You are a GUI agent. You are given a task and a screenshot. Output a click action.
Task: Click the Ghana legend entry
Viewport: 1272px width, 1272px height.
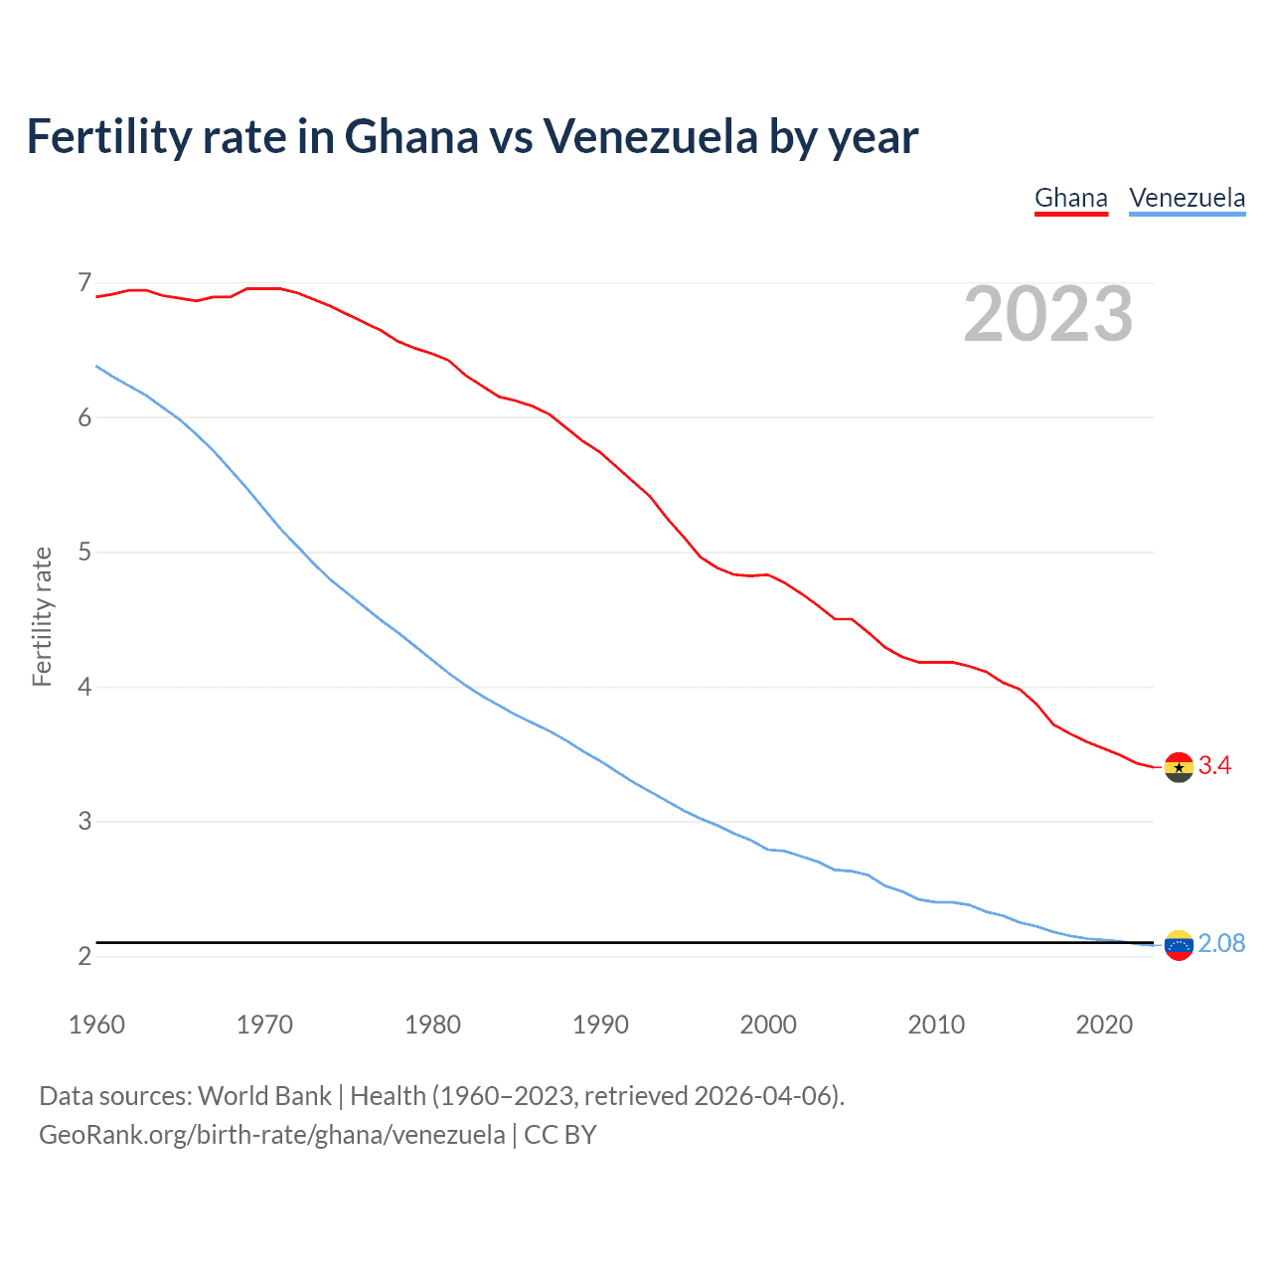coord(1070,198)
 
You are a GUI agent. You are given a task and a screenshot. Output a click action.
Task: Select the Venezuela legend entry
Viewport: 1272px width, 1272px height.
coord(1187,198)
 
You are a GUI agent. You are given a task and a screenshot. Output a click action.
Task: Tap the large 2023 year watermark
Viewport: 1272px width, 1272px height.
coord(1047,314)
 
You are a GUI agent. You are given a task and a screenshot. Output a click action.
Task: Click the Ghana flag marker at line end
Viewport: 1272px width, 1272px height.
coord(1179,767)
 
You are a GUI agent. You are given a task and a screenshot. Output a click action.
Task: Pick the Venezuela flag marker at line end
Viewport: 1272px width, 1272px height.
coord(1179,945)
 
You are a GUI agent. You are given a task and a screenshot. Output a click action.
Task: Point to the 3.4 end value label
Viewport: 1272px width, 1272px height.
coord(1214,765)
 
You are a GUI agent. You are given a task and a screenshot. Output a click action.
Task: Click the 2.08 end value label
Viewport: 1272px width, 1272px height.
coord(1221,943)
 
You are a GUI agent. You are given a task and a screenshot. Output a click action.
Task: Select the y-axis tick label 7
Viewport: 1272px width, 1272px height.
coord(84,283)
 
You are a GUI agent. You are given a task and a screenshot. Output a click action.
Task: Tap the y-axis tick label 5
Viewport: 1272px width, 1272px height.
coord(84,552)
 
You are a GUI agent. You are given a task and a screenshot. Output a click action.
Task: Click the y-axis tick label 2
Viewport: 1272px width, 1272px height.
coord(84,956)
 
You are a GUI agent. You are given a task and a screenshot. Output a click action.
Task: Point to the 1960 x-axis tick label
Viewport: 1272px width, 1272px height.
coord(96,1025)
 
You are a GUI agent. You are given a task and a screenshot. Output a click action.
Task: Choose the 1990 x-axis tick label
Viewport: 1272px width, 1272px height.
coord(600,1025)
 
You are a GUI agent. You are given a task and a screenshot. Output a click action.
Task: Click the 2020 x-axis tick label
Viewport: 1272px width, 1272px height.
coord(1104,1025)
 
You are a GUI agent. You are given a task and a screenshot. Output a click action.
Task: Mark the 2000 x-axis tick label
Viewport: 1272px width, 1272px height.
coord(768,1025)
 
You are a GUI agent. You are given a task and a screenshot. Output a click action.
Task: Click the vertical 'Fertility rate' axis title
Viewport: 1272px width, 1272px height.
coord(42,616)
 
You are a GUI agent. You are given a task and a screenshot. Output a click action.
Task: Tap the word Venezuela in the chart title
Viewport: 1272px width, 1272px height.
coord(650,136)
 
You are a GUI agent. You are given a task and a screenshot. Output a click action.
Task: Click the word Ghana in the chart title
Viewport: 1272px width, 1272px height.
coord(411,136)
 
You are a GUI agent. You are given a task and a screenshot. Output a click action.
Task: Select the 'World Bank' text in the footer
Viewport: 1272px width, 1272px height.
coord(264,1096)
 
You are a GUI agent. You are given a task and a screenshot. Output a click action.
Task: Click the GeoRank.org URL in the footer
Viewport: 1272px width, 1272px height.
coord(271,1135)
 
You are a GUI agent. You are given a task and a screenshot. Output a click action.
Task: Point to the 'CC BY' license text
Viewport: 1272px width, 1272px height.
coord(559,1135)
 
